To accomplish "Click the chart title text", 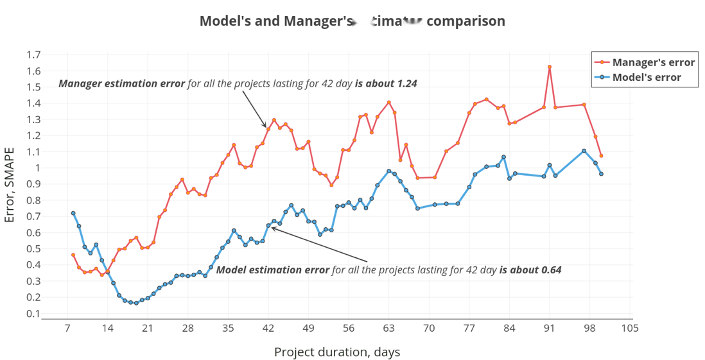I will click(x=352, y=21).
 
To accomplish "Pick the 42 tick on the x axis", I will click(x=268, y=329).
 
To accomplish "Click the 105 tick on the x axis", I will click(x=630, y=329).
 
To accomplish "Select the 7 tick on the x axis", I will click(x=67, y=329).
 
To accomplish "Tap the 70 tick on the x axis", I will click(x=429, y=329).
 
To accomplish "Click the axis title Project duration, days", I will click(x=337, y=352).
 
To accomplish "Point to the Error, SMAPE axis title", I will click(x=10, y=185).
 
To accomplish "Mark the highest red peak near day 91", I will click(x=550, y=67).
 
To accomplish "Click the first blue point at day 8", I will click(x=73, y=213).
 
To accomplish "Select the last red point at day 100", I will click(x=601, y=156).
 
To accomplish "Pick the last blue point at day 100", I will click(x=601, y=174).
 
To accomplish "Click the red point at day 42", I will click(x=268, y=129).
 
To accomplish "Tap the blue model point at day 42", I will click(x=268, y=225).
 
